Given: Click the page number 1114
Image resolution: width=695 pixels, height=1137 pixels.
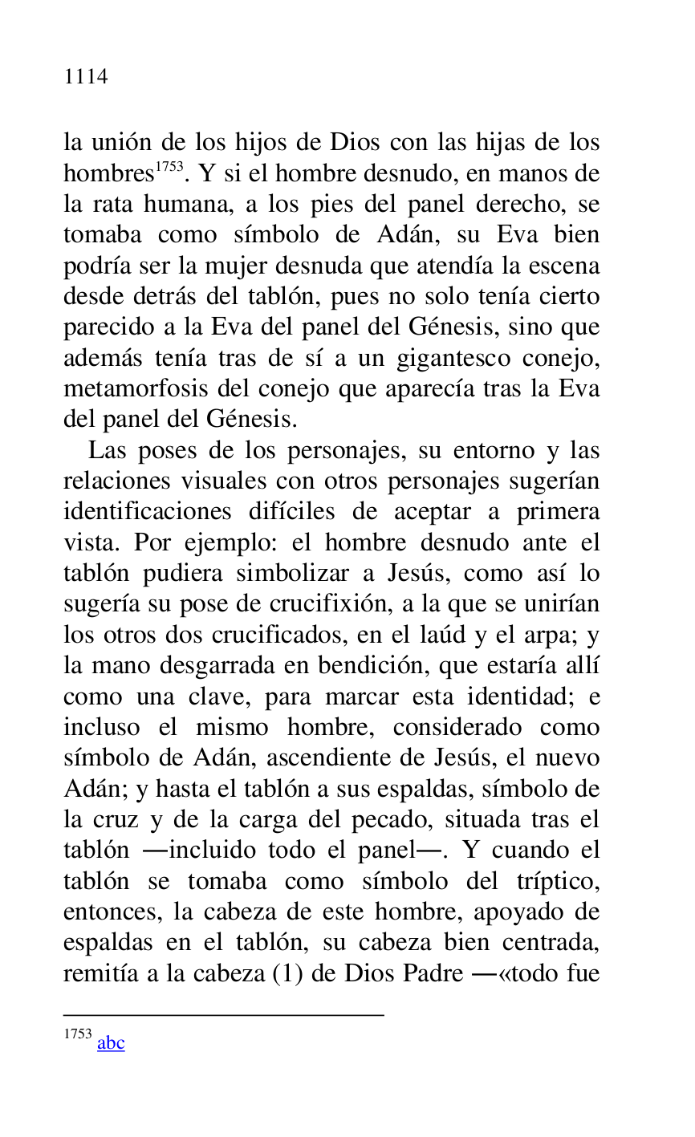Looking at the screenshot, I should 86,77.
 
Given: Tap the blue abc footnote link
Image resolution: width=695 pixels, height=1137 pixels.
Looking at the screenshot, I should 111,1042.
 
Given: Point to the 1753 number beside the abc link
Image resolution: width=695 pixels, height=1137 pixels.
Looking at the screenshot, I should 78,1034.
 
